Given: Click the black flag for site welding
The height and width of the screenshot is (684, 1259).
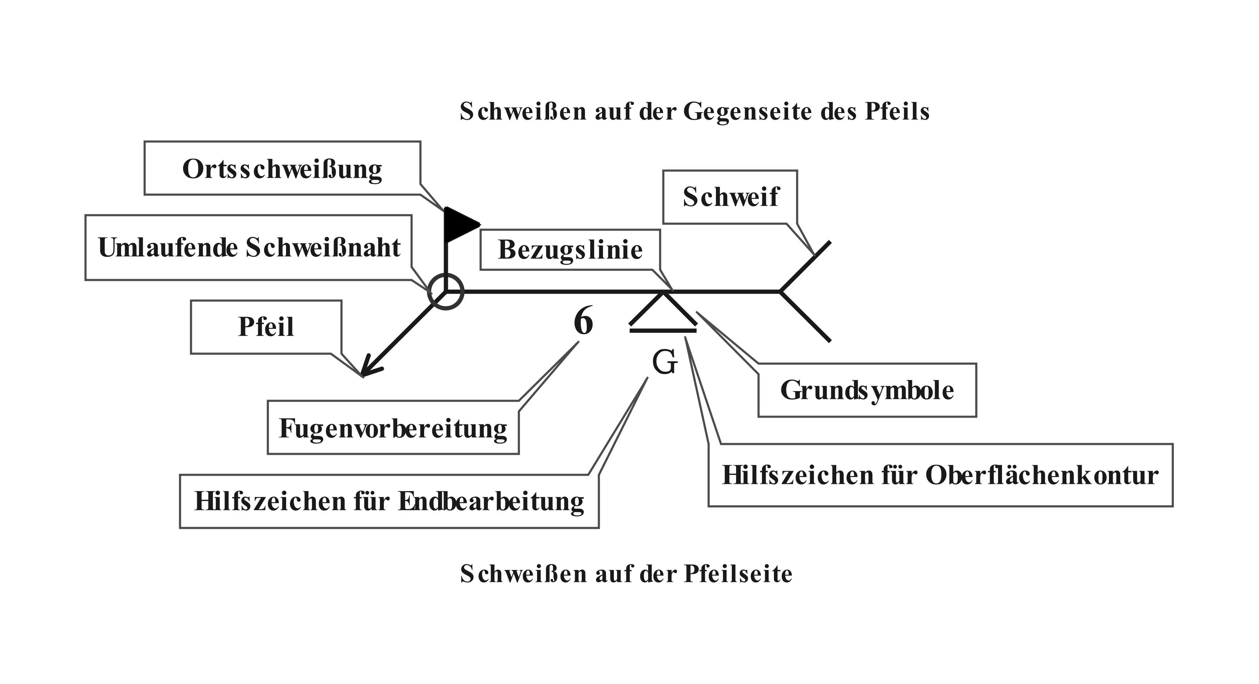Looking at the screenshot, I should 460,225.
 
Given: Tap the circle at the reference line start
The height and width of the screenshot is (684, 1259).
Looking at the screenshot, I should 445,292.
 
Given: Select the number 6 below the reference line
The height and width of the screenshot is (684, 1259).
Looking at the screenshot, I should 583,321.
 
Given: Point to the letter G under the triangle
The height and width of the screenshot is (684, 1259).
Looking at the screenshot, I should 665,362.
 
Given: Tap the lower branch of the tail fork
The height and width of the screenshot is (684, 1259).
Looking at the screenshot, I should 805,316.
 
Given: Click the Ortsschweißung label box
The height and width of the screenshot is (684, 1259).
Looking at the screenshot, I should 282,169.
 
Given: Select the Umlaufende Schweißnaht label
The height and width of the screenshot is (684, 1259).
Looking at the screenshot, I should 249,247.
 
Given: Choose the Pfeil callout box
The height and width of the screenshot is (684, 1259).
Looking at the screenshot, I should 266,327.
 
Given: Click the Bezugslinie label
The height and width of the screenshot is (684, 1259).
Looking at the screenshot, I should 570,250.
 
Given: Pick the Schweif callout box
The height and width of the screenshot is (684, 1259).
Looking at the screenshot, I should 730,197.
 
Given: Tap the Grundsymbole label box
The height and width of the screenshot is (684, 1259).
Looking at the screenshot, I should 867,390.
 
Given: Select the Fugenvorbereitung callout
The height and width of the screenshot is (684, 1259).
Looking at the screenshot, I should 393,428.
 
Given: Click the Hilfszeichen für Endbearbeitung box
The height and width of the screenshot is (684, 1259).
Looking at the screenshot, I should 389,501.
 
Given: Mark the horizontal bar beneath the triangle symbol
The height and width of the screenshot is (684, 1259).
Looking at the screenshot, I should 663,331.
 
